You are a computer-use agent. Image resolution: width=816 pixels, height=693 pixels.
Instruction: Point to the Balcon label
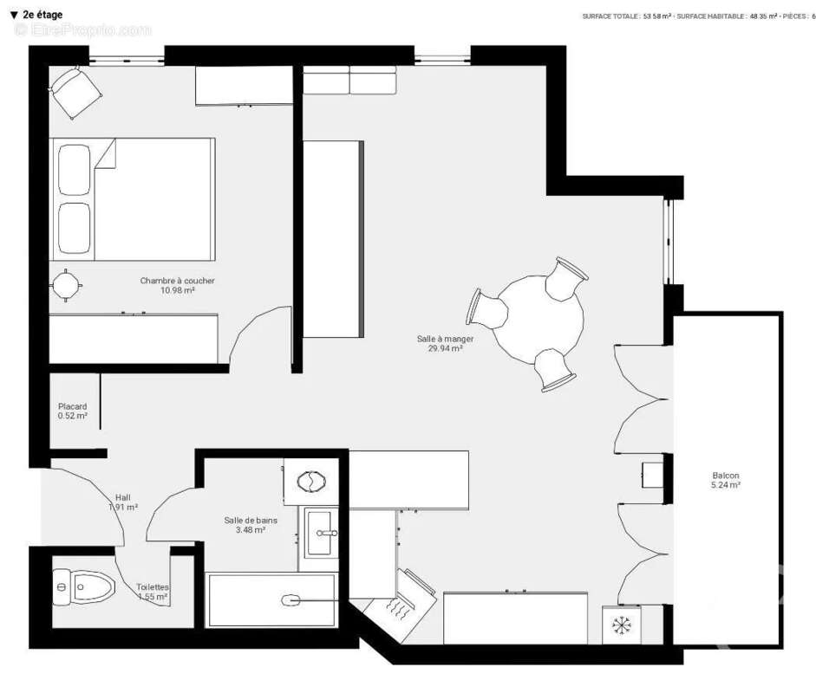tap(726, 476)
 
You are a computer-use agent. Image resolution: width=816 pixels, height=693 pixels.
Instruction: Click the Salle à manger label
tap(445, 339)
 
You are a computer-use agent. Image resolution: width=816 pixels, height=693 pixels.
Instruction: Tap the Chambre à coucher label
tap(177, 281)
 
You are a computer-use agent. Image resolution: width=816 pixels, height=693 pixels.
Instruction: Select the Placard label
tap(72, 406)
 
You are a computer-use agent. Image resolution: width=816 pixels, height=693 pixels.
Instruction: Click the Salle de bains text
tap(245, 519)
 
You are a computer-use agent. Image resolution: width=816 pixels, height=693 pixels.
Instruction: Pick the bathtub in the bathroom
tap(271, 599)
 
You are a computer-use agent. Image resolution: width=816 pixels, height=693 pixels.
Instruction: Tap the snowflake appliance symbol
tap(621, 625)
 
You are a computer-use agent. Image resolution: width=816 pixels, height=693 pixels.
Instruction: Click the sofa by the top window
tap(349, 81)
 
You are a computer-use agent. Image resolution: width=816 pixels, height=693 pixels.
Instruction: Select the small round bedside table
tap(66, 284)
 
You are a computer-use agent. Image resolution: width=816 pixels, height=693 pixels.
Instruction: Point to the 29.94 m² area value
tap(445, 349)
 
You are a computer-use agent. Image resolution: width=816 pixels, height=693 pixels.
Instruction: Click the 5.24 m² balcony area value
tap(726, 486)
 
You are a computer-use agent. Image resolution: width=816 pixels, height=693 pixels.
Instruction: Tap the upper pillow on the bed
tap(75, 169)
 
